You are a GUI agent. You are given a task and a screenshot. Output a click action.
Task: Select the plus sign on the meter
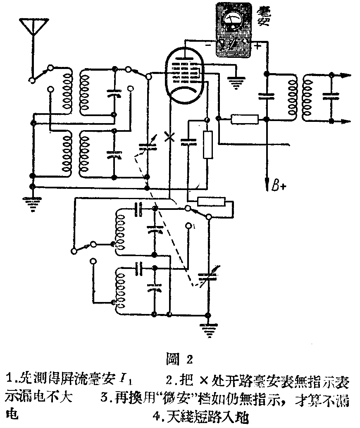(257, 46)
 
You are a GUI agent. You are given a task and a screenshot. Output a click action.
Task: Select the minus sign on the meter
(208, 46)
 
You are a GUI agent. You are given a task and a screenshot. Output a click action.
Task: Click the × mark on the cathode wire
(168, 136)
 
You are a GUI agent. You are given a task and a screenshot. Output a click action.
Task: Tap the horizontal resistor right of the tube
(245, 120)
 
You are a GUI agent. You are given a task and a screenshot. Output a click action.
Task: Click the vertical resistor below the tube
(208, 145)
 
